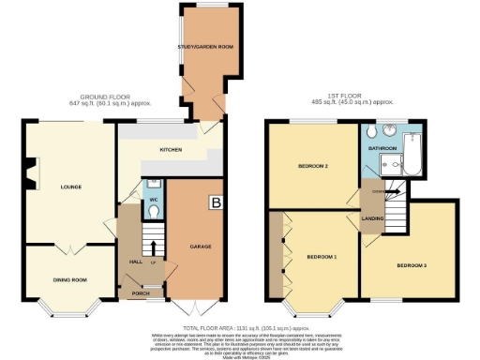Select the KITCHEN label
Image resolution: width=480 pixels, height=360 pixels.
pyautogui.click(x=170, y=149)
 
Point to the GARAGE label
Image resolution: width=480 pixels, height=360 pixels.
pyautogui.click(x=199, y=246)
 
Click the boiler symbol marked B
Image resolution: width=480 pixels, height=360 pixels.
pyautogui.click(x=217, y=201)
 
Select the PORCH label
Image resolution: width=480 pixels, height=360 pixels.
pyautogui.click(x=141, y=292)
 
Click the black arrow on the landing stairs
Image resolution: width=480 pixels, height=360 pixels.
pyautogui.click(x=395, y=191)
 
